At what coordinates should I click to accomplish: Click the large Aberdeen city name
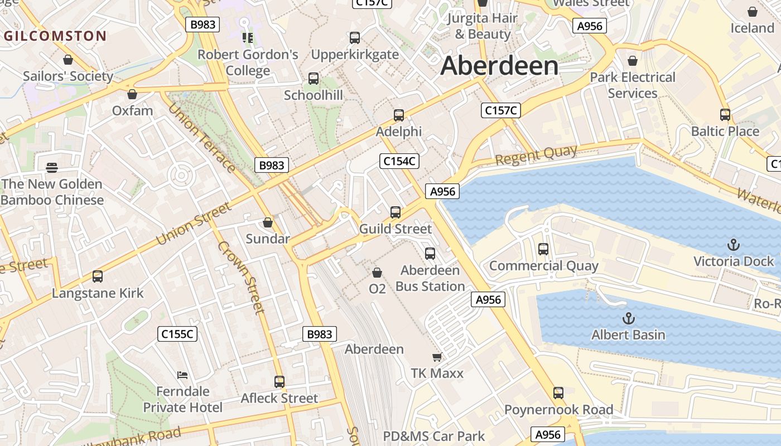[499, 66]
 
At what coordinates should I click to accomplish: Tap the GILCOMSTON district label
[55, 36]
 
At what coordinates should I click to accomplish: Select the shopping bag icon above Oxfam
[132, 94]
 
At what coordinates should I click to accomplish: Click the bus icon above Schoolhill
[314, 79]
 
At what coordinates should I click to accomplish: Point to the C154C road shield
[399, 162]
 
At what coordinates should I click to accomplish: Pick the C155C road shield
[177, 334]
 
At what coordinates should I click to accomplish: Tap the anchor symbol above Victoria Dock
[734, 245]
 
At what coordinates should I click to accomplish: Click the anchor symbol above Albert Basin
[629, 318]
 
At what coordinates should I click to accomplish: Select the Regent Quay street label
[536, 156]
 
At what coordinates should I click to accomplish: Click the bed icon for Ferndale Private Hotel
[182, 375]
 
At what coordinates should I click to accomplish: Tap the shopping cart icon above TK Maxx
[437, 357]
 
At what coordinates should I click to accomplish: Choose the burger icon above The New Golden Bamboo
[52, 167]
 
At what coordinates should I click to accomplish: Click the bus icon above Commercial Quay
[543, 249]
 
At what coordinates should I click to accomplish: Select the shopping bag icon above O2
[377, 273]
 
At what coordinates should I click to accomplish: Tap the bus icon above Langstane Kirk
[98, 277]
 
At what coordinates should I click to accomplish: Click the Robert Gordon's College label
[248, 62]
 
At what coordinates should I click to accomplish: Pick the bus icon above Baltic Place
[725, 115]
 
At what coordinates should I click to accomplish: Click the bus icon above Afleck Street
[279, 382]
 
